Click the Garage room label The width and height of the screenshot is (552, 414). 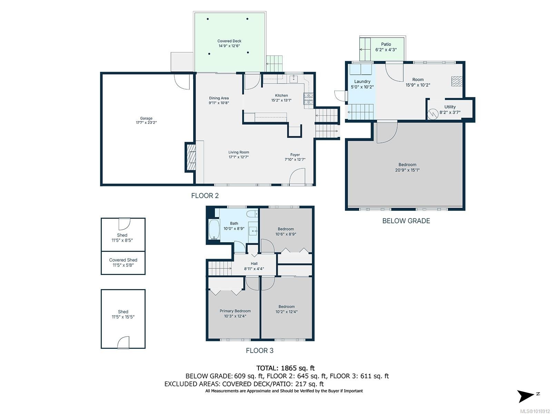point(146,118)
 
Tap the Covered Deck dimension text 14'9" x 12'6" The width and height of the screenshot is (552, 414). point(229,46)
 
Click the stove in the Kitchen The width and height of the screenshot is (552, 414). point(308,99)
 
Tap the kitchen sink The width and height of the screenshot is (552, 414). point(294,79)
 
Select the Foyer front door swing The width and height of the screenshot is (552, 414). point(297,177)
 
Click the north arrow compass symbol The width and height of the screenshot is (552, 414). point(526,396)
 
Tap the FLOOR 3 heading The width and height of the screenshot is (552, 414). point(259,351)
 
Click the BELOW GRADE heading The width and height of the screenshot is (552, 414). point(406,221)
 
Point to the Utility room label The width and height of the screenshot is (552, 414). point(450,107)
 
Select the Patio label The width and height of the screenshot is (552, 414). point(386,44)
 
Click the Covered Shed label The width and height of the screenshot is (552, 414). point(123,260)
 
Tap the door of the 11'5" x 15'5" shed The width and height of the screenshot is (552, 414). point(124,342)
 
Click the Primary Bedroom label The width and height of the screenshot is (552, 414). point(235,311)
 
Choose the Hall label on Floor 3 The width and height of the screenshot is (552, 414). point(254,264)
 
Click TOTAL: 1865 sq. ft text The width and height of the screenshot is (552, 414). point(285,368)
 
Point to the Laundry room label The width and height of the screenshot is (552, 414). point(362,81)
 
